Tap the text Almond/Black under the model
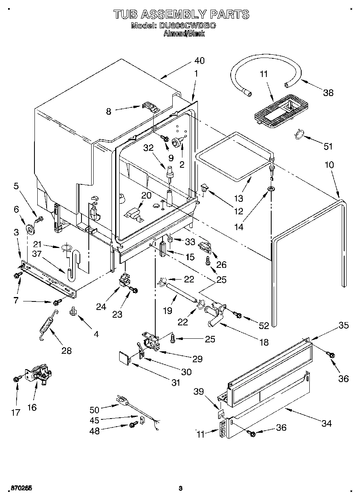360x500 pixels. [x=184, y=34]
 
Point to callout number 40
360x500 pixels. [x=199, y=61]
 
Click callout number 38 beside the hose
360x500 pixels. [x=328, y=92]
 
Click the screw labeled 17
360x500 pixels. [x=16, y=379]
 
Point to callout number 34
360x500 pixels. [x=326, y=423]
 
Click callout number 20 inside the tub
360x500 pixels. [x=146, y=195]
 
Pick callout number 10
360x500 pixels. [x=329, y=165]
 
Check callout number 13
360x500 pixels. [x=238, y=199]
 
